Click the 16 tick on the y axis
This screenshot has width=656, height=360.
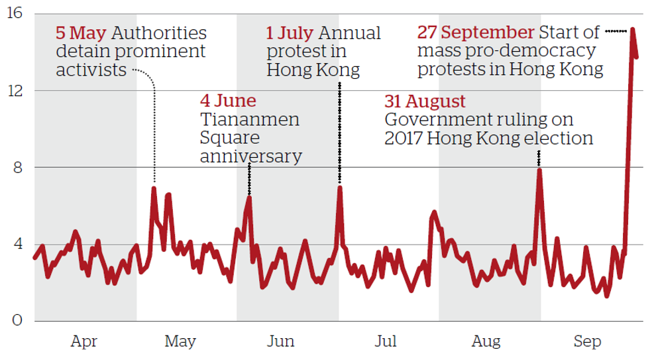pos(15,14)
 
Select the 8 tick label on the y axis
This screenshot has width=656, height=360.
pos(17,168)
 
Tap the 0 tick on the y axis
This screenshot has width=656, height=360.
pos(17,321)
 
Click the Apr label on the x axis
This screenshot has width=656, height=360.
pos(84,342)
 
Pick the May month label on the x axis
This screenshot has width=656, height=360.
pos(180,342)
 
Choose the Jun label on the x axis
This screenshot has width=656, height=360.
pos(281,342)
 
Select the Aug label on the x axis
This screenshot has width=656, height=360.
pos(486,342)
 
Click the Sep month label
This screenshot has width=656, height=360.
pos(587,342)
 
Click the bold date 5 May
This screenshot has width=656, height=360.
pos(81,32)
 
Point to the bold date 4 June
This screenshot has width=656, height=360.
pos(228,101)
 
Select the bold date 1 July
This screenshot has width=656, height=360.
pos(290,32)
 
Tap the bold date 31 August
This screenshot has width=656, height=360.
pos(425,101)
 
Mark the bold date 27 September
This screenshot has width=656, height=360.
pos(476,32)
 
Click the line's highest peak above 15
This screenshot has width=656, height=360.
pos(632,29)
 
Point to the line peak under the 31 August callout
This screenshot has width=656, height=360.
pos(539,170)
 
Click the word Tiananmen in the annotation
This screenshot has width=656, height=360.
pos(250,119)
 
